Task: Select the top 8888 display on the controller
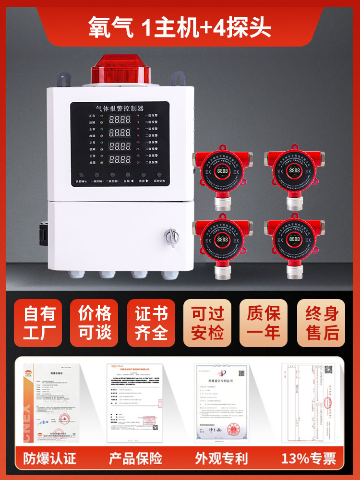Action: (116, 118)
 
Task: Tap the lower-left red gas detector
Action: (222, 240)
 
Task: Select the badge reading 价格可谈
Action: (95, 323)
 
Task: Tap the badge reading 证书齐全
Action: (151, 323)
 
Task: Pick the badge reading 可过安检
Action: (208, 323)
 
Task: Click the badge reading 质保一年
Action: (264, 323)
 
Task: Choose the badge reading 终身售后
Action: (321, 323)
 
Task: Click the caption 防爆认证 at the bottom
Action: (49, 458)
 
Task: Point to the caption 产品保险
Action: (136, 458)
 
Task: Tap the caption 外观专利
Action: (221, 458)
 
